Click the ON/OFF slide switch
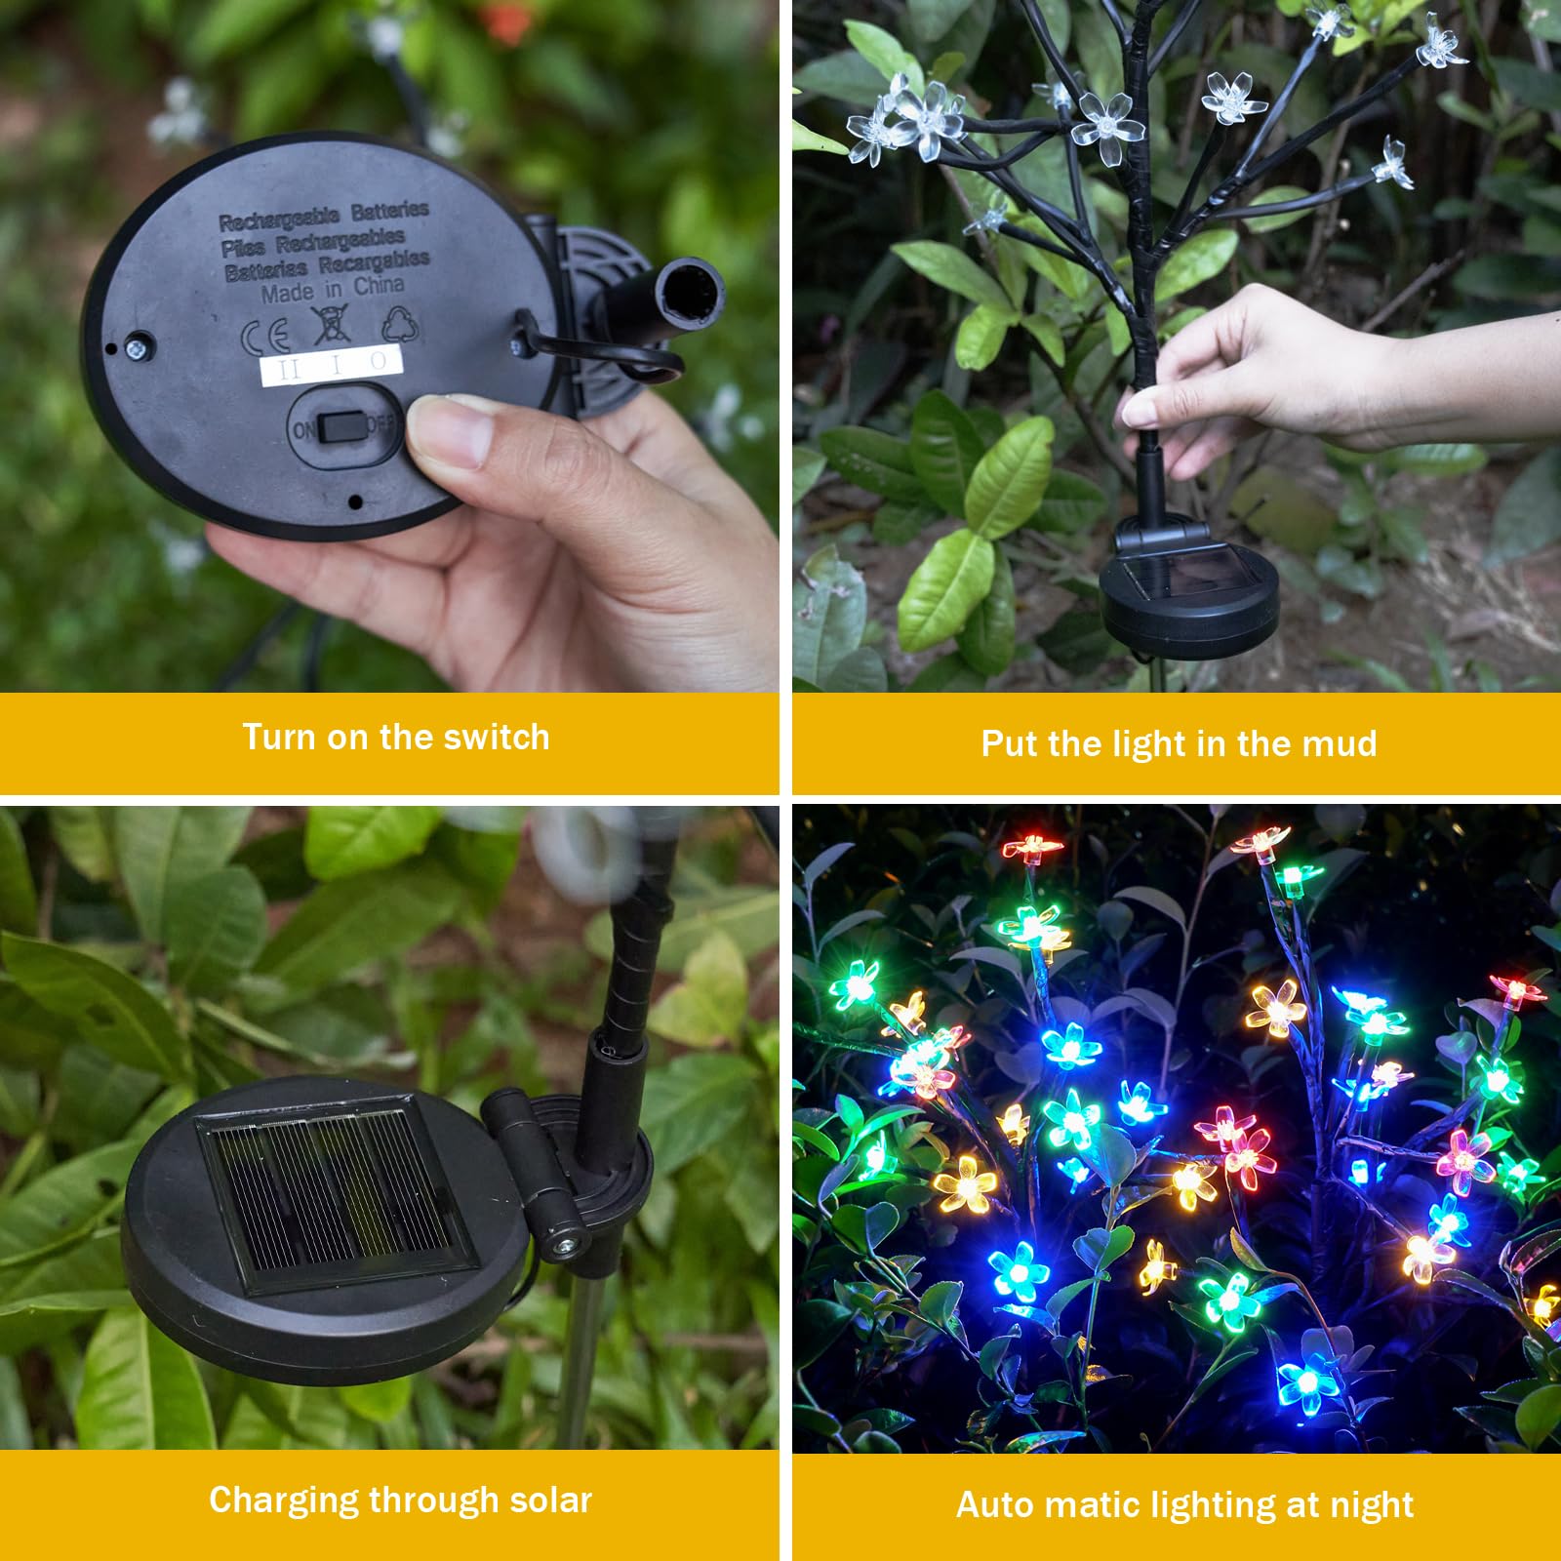tap(342, 427)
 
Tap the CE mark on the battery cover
tap(265, 337)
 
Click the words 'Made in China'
tap(332, 289)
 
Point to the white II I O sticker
tap(331, 366)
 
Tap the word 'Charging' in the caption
tap(283, 1501)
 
